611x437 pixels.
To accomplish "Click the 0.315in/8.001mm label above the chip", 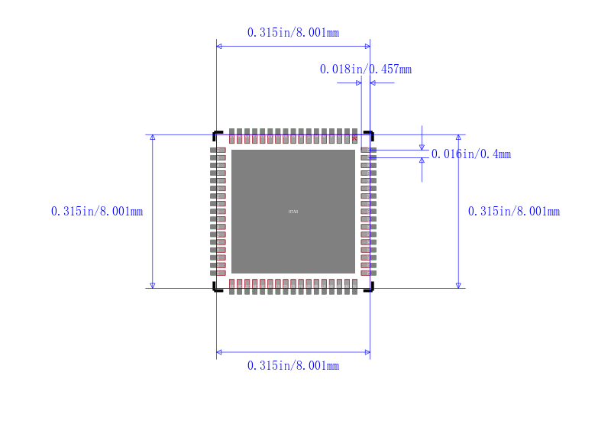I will click(293, 33).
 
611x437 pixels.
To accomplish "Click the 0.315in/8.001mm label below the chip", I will click(293, 366).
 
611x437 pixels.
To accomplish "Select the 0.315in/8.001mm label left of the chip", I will click(97, 212).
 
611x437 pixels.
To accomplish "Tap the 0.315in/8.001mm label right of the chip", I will click(514, 212).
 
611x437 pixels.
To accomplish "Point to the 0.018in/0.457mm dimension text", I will click(365, 70).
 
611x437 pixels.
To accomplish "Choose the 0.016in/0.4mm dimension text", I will click(471, 154).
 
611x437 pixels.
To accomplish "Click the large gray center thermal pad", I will click(293, 229).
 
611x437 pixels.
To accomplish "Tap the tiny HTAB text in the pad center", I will click(293, 212).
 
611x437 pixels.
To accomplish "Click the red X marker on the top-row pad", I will click(354, 138).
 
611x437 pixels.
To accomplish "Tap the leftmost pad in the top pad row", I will click(231, 135).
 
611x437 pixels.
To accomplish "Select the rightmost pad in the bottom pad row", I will click(354, 286).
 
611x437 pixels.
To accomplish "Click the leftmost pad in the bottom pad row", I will click(231, 286).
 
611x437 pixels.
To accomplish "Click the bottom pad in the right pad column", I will click(368, 273).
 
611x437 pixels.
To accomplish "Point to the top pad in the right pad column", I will click(368, 150).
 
